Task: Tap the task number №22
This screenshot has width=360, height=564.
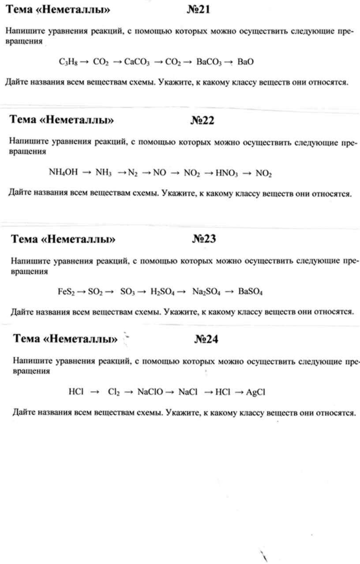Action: (x=202, y=120)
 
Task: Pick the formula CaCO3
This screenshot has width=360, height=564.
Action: (x=137, y=62)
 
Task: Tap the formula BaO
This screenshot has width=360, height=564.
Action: (x=245, y=62)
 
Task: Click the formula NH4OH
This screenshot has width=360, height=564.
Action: (x=63, y=173)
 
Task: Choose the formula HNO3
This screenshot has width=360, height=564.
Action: (x=227, y=173)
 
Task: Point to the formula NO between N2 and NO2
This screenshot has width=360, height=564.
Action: (x=159, y=173)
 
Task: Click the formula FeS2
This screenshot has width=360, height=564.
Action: (x=67, y=292)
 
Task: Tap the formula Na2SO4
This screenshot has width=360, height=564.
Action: (x=206, y=292)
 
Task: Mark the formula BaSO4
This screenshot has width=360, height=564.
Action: (x=250, y=292)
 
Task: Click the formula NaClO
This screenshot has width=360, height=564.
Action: (x=150, y=391)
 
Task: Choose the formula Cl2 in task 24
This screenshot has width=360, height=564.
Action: (x=113, y=391)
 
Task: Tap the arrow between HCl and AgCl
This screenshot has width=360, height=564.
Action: (x=239, y=391)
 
